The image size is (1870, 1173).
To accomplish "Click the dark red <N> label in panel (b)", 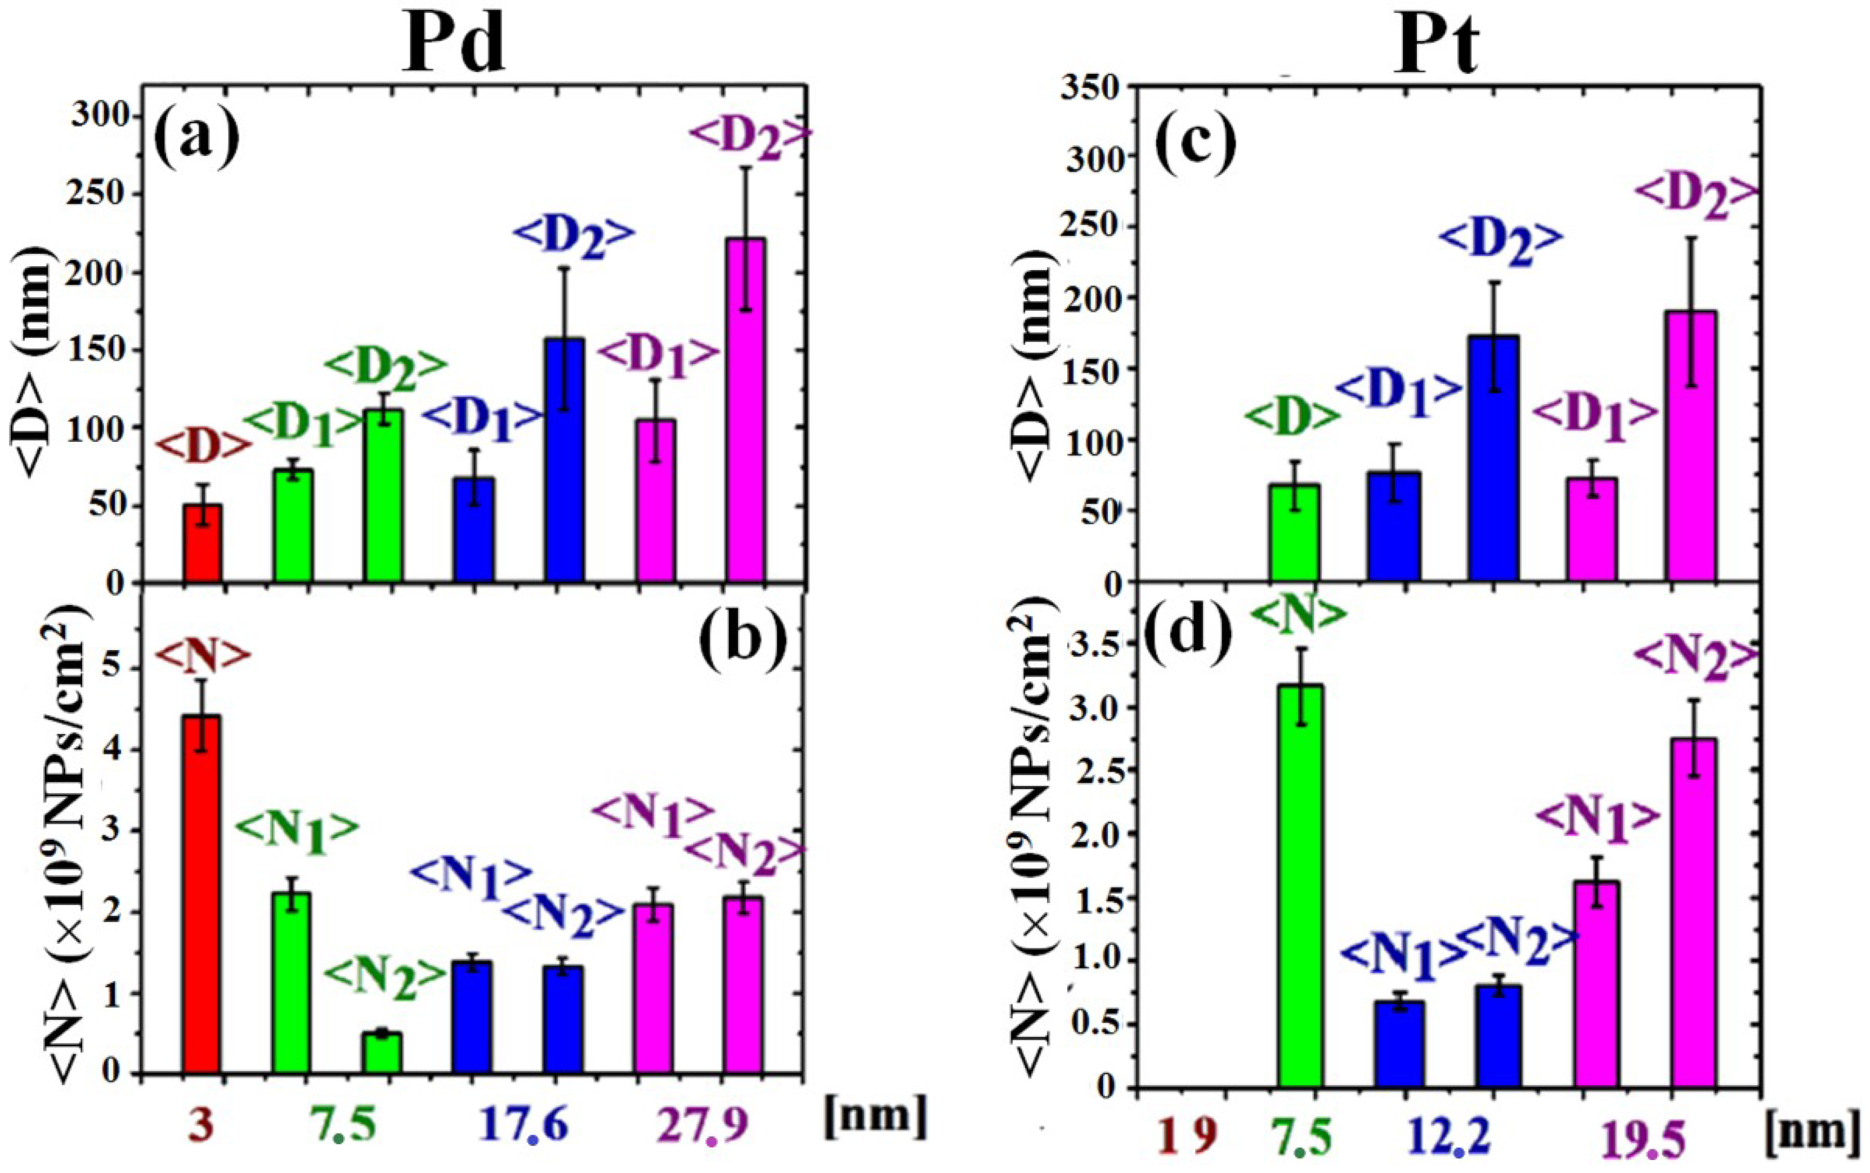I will [203, 654].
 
